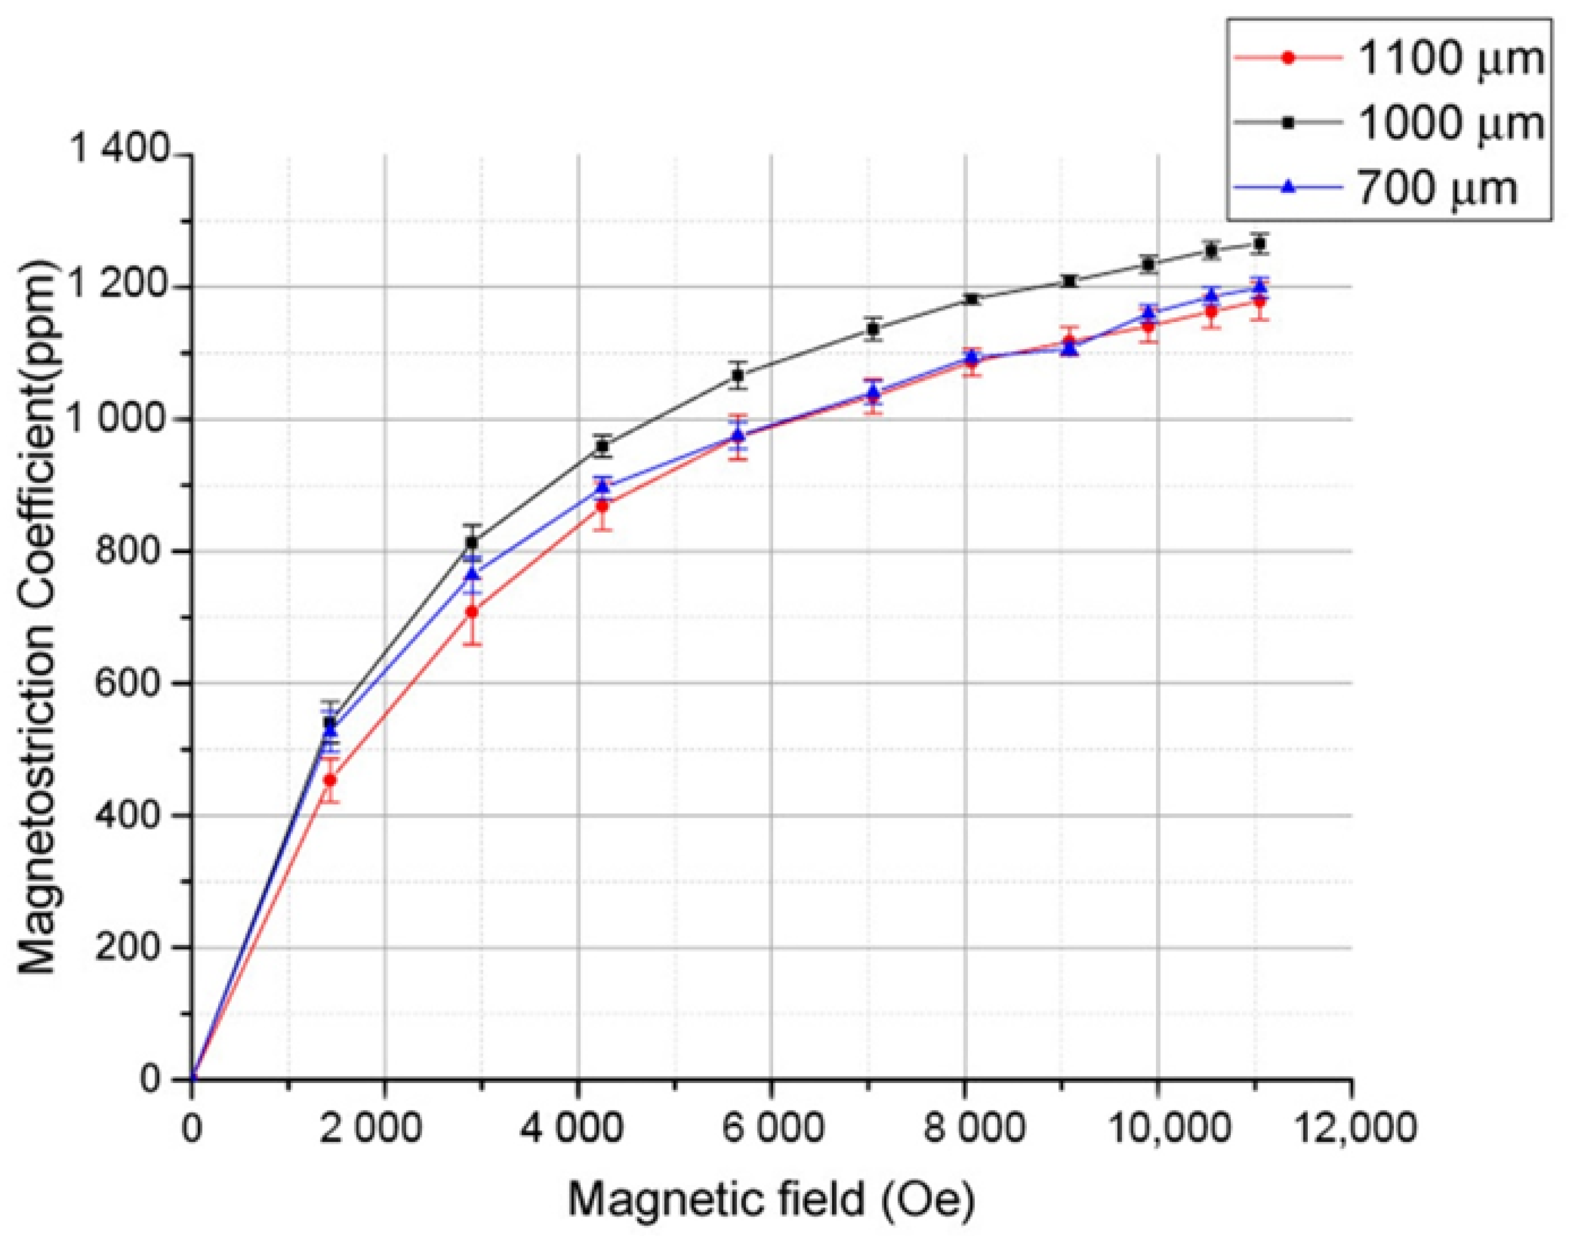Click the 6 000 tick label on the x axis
(770, 1127)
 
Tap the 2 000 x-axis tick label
(384, 1127)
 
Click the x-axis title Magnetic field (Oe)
(771, 1200)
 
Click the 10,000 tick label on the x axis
(1157, 1127)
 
